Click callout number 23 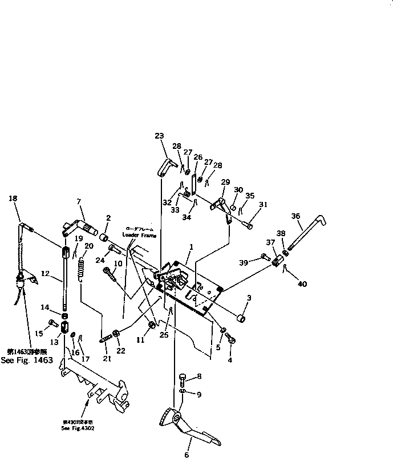point(159,136)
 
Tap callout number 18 point(13,198)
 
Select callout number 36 point(295,216)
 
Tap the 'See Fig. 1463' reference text point(27,360)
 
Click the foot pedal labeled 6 point(185,425)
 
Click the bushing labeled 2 point(104,237)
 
